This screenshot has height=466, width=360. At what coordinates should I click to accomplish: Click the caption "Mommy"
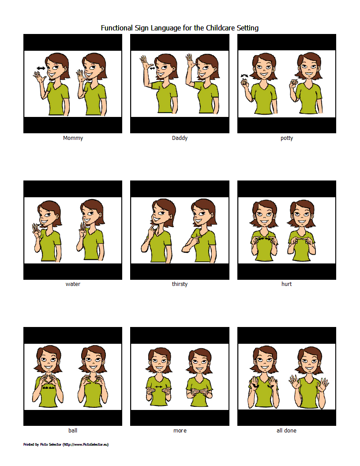point(73,138)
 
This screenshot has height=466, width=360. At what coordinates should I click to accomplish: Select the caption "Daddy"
point(180,138)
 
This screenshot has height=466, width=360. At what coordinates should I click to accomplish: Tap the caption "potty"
point(286,138)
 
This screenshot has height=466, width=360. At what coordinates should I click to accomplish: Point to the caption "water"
point(73,284)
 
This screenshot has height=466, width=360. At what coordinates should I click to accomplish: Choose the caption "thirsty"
point(180,284)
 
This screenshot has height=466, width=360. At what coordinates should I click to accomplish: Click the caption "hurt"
point(286,284)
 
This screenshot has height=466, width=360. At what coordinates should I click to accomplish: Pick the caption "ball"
point(73,431)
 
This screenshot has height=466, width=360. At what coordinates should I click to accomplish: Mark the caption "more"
point(180,431)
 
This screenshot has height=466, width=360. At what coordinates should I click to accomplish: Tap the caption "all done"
point(286,431)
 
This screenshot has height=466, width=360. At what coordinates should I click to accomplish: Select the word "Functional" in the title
point(116,28)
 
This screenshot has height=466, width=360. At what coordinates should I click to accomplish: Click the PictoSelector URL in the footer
point(85,444)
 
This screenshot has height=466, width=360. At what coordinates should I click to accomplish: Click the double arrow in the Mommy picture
point(41,68)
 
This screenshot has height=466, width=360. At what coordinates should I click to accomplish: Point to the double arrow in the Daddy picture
point(153,68)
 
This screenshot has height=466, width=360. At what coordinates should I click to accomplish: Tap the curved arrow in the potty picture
point(244,76)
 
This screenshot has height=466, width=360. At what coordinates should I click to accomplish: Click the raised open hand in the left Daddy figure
point(144,60)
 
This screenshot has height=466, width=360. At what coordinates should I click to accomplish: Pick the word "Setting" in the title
point(247,28)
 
